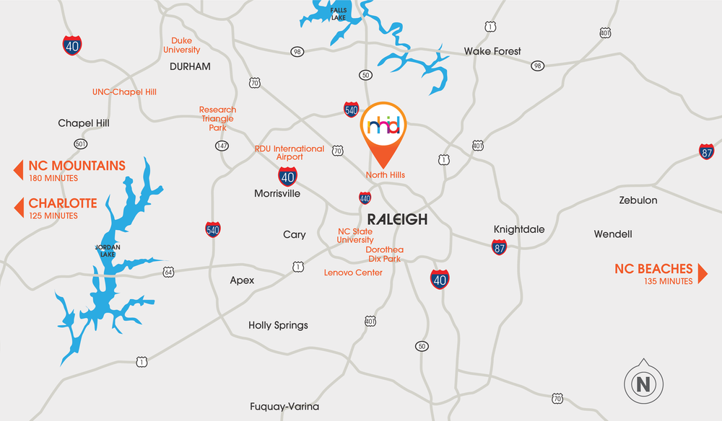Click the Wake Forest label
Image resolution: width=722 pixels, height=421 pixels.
coord(492,51)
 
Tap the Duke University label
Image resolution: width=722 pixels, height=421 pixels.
coord(182,45)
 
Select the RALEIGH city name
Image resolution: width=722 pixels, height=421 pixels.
coord(397,220)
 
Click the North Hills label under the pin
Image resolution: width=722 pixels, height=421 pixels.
coord(385,175)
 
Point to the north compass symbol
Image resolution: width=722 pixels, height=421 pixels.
coord(641,384)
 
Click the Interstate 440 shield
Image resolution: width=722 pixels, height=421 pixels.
coord(365,198)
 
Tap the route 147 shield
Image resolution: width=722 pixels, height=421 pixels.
coord(222,146)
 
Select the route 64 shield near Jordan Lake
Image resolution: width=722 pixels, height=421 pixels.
coord(168,272)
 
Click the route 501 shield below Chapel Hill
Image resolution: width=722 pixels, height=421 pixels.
coord(80,143)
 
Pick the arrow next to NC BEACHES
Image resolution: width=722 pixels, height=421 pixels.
coord(703,274)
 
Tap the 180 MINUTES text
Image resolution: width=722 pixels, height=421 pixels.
coord(53,178)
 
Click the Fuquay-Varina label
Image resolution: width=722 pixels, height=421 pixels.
coord(284,406)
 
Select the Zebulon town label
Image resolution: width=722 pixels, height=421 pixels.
coord(638,200)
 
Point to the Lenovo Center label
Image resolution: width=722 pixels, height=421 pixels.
coord(353,272)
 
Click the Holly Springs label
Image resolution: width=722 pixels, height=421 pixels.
coord(278,325)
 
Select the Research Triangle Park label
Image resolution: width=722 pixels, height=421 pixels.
coord(217,119)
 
